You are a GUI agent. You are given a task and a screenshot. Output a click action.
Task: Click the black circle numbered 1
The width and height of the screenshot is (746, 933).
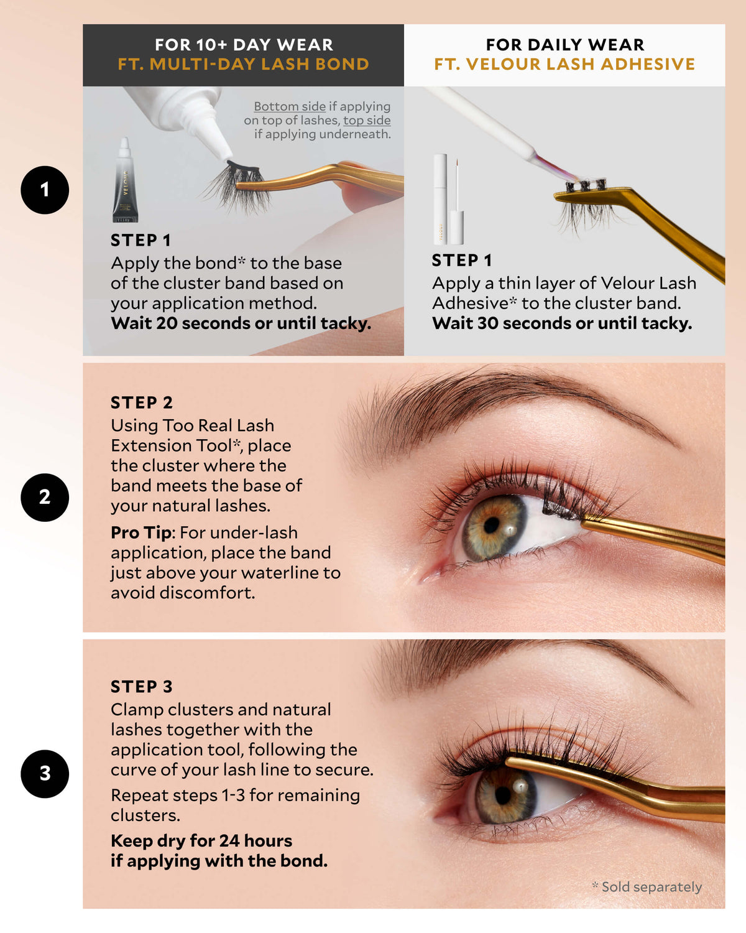(x=45, y=190)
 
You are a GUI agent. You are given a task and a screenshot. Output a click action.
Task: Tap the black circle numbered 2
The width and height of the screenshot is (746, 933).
(x=45, y=497)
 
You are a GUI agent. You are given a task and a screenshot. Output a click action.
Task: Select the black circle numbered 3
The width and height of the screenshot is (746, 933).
(x=45, y=774)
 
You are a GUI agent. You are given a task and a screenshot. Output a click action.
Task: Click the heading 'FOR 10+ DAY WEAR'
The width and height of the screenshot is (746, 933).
(x=244, y=45)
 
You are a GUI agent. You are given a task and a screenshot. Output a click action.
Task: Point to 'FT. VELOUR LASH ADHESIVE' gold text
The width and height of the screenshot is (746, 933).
(x=564, y=64)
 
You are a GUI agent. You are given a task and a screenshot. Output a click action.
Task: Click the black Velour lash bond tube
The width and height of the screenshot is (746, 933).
(x=125, y=180)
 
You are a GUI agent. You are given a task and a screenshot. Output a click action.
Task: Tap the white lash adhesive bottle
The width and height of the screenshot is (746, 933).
(x=449, y=199)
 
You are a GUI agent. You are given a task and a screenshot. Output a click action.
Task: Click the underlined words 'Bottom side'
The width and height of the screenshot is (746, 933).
(x=290, y=106)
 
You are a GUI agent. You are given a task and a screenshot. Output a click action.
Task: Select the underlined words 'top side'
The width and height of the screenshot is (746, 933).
(x=367, y=120)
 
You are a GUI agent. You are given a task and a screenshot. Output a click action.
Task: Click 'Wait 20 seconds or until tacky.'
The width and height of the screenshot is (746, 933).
(x=241, y=323)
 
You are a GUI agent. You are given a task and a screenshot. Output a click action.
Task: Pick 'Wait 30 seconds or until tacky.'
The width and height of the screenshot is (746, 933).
(x=562, y=323)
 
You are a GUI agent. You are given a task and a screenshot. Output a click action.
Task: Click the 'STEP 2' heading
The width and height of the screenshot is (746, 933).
(x=142, y=403)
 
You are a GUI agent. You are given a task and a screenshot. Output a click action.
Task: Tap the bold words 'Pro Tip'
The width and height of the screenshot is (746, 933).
(x=141, y=533)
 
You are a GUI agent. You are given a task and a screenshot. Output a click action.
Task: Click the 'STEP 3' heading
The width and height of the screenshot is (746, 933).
(x=142, y=687)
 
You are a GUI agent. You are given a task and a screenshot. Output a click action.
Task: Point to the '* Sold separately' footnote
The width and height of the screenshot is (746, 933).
(x=647, y=886)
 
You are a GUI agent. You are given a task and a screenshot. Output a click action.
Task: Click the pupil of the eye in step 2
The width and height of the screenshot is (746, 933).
(x=492, y=526)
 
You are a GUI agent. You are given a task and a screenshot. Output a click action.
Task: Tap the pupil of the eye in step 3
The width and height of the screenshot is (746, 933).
(x=503, y=795)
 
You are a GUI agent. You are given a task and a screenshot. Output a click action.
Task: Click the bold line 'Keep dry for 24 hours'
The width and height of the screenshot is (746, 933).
(x=201, y=841)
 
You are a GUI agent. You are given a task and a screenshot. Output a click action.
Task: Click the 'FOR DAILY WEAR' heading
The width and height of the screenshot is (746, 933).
(x=565, y=45)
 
